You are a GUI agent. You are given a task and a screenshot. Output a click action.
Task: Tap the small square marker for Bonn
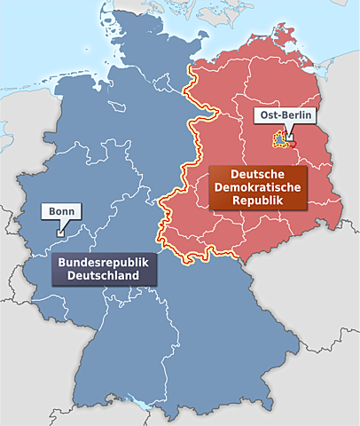[x=59, y=233]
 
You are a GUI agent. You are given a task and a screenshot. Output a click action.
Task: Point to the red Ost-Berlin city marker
[x=288, y=138]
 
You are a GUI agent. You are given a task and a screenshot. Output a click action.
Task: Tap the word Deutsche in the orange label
[x=257, y=174]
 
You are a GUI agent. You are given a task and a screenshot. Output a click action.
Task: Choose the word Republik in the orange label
[x=257, y=201]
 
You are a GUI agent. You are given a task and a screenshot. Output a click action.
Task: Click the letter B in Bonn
[x=51, y=212]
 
